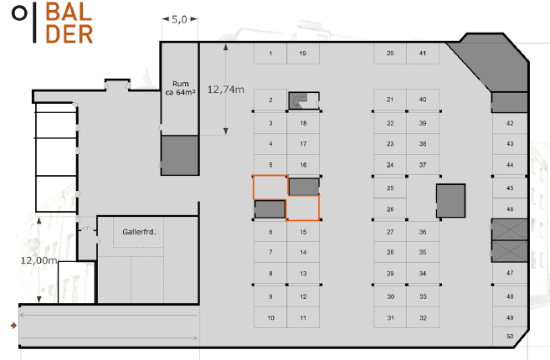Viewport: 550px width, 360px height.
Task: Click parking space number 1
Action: point(270,54)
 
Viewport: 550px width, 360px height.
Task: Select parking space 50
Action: point(510,337)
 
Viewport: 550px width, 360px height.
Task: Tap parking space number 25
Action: point(390,188)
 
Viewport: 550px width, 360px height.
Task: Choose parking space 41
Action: point(423,54)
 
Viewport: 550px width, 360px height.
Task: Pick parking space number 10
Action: point(270,317)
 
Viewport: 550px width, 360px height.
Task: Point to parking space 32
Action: point(423,317)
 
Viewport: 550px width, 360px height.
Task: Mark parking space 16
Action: point(303,165)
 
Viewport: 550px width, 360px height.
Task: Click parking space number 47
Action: point(510,273)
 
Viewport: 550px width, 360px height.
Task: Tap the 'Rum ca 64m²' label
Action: point(180,88)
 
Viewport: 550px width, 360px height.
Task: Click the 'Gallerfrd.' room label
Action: point(139,232)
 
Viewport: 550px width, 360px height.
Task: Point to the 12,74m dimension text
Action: point(225,90)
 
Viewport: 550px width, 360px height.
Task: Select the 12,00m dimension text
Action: point(39,260)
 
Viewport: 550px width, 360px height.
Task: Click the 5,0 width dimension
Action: point(179,19)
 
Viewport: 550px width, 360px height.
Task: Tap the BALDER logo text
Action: point(69,23)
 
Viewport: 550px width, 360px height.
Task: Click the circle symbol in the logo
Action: point(19,13)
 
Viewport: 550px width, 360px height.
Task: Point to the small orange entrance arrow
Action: point(13,326)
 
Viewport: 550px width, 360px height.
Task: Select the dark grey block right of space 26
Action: point(450,201)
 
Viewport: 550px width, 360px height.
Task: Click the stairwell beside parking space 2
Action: point(304,100)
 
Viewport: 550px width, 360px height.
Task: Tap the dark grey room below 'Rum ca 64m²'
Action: point(180,155)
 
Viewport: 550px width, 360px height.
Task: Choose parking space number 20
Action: point(390,54)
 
